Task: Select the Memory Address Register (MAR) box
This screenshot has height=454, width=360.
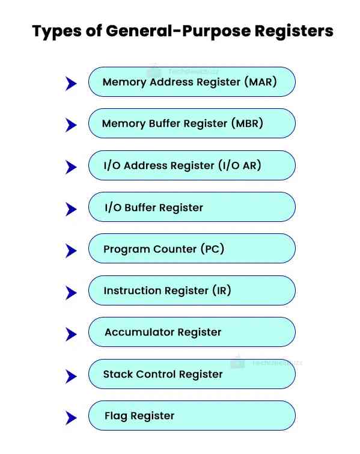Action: tap(192, 82)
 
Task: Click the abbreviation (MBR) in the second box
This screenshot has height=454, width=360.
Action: tap(247, 124)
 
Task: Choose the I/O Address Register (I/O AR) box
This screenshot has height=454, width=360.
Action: tap(192, 165)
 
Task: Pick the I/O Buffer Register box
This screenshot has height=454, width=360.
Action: tap(192, 207)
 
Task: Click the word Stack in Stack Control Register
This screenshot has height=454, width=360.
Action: tap(117, 374)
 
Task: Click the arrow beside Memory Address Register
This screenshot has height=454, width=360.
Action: tap(71, 84)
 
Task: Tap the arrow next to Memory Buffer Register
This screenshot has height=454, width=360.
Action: tap(71, 125)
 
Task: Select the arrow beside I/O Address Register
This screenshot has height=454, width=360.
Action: tap(71, 167)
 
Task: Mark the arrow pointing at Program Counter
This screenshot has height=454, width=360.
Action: tap(71, 251)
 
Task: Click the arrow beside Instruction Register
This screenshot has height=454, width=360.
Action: tap(71, 293)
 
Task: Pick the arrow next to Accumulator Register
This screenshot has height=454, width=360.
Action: tap(71, 334)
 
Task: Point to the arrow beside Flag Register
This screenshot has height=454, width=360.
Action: tap(71, 418)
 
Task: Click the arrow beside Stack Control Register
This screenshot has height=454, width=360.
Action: tap(71, 376)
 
